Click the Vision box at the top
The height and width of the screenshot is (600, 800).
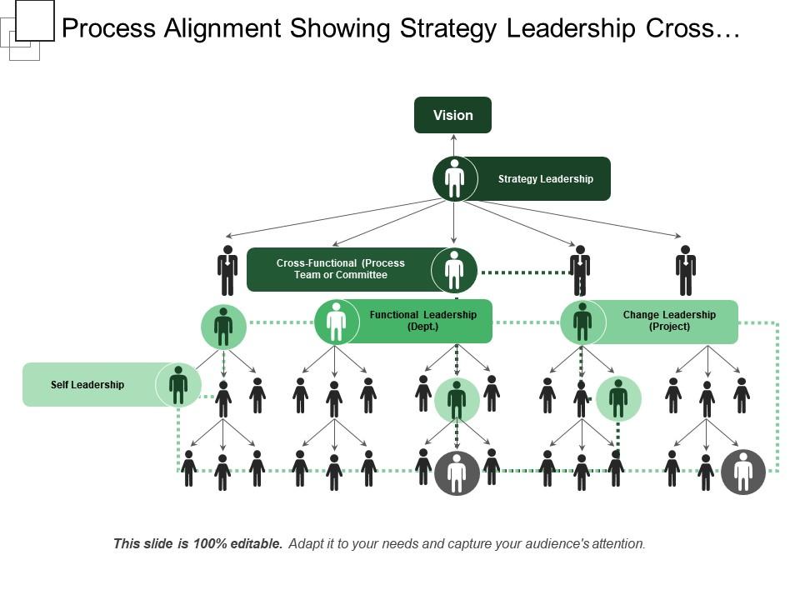coord(453,115)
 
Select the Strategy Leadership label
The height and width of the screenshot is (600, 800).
coord(545,179)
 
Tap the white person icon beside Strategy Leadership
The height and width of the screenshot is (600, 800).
coord(454,178)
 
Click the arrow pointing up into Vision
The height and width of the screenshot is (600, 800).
coord(454,142)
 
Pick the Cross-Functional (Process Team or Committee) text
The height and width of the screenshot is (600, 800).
coord(340,269)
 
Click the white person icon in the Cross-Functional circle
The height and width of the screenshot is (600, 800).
coord(454,269)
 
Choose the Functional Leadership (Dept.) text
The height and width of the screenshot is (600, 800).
coord(423,321)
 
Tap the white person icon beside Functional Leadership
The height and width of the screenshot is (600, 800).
coord(336,322)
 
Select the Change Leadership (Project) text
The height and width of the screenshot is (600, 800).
coord(669,321)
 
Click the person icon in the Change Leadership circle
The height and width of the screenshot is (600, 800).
coord(582,322)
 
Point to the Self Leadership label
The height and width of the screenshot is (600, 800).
coord(87,385)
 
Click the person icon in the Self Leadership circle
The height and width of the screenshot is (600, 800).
coord(178,385)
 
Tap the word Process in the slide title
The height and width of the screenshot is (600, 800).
coord(110,28)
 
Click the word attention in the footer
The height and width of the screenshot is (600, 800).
coord(617,544)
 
